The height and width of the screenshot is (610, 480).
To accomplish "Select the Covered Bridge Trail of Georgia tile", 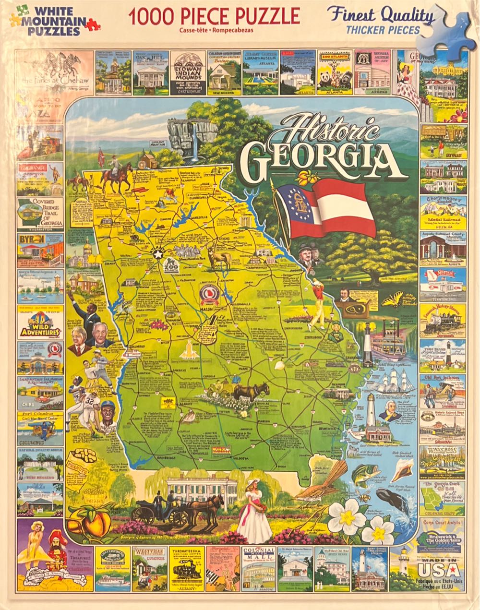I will [x=40, y=213].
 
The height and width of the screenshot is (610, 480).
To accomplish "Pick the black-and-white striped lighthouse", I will [x=367, y=343].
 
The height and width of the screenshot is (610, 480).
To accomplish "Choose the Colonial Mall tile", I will [x=259, y=569].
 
